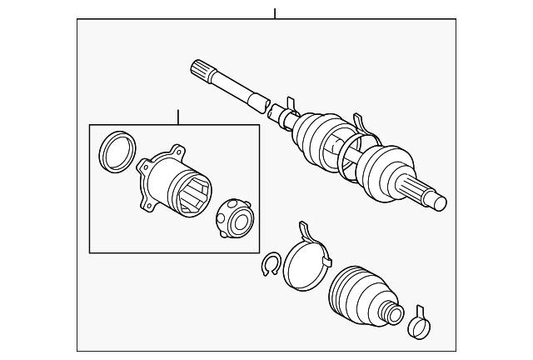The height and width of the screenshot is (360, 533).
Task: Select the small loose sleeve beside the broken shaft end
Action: [276, 110]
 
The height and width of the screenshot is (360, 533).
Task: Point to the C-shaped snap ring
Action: [269, 266]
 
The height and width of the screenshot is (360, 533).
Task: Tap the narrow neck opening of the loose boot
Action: [391, 315]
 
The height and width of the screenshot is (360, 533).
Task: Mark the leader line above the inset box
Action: [177, 116]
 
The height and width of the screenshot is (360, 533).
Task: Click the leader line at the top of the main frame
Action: [274, 12]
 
